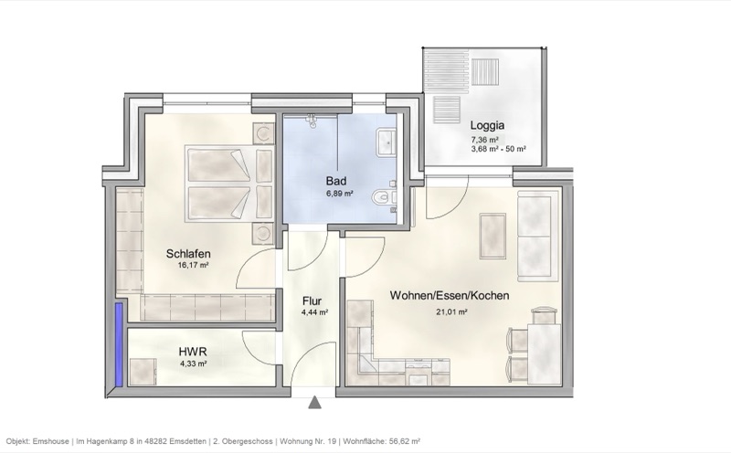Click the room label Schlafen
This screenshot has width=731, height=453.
click(190, 254)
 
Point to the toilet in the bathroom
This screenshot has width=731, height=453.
click(384, 195)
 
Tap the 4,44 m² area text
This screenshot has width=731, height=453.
click(314, 311)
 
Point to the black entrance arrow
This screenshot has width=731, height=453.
click(315, 401)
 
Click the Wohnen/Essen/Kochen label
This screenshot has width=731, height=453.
click(450, 297)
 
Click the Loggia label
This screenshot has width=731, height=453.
click(488, 126)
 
